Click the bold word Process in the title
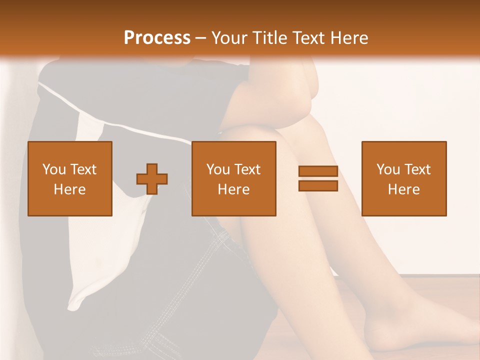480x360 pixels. pyautogui.click(x=157, y=38)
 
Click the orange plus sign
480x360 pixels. pyautogui.click(x=152, y=179)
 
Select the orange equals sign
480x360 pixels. pyautogui.click(x=318, y=179)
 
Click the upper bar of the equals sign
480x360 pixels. pyautogui.click(x=318, y=171)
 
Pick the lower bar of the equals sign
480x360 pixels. pyautogui.click(x=318, y=186)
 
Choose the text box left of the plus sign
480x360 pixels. pyautogui.click(x=70, y=178)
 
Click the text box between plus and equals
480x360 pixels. pyautogui.click(x=234, y=178)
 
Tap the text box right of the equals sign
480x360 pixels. pyautogui.click(x=404, y=178)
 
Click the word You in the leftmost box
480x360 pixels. pyautogui.click(x=54, y=169)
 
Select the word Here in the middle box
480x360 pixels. pyautogui.click(x=234, y=189)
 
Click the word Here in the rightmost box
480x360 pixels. pyautogui.click(x=404, y=189)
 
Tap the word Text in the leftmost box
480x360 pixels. pyautogui.click(x=83, y=169)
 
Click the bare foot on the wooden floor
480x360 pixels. pyautogui.click(x=410, y=325)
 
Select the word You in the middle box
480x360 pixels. pyautogui.click(x=218, y=169)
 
